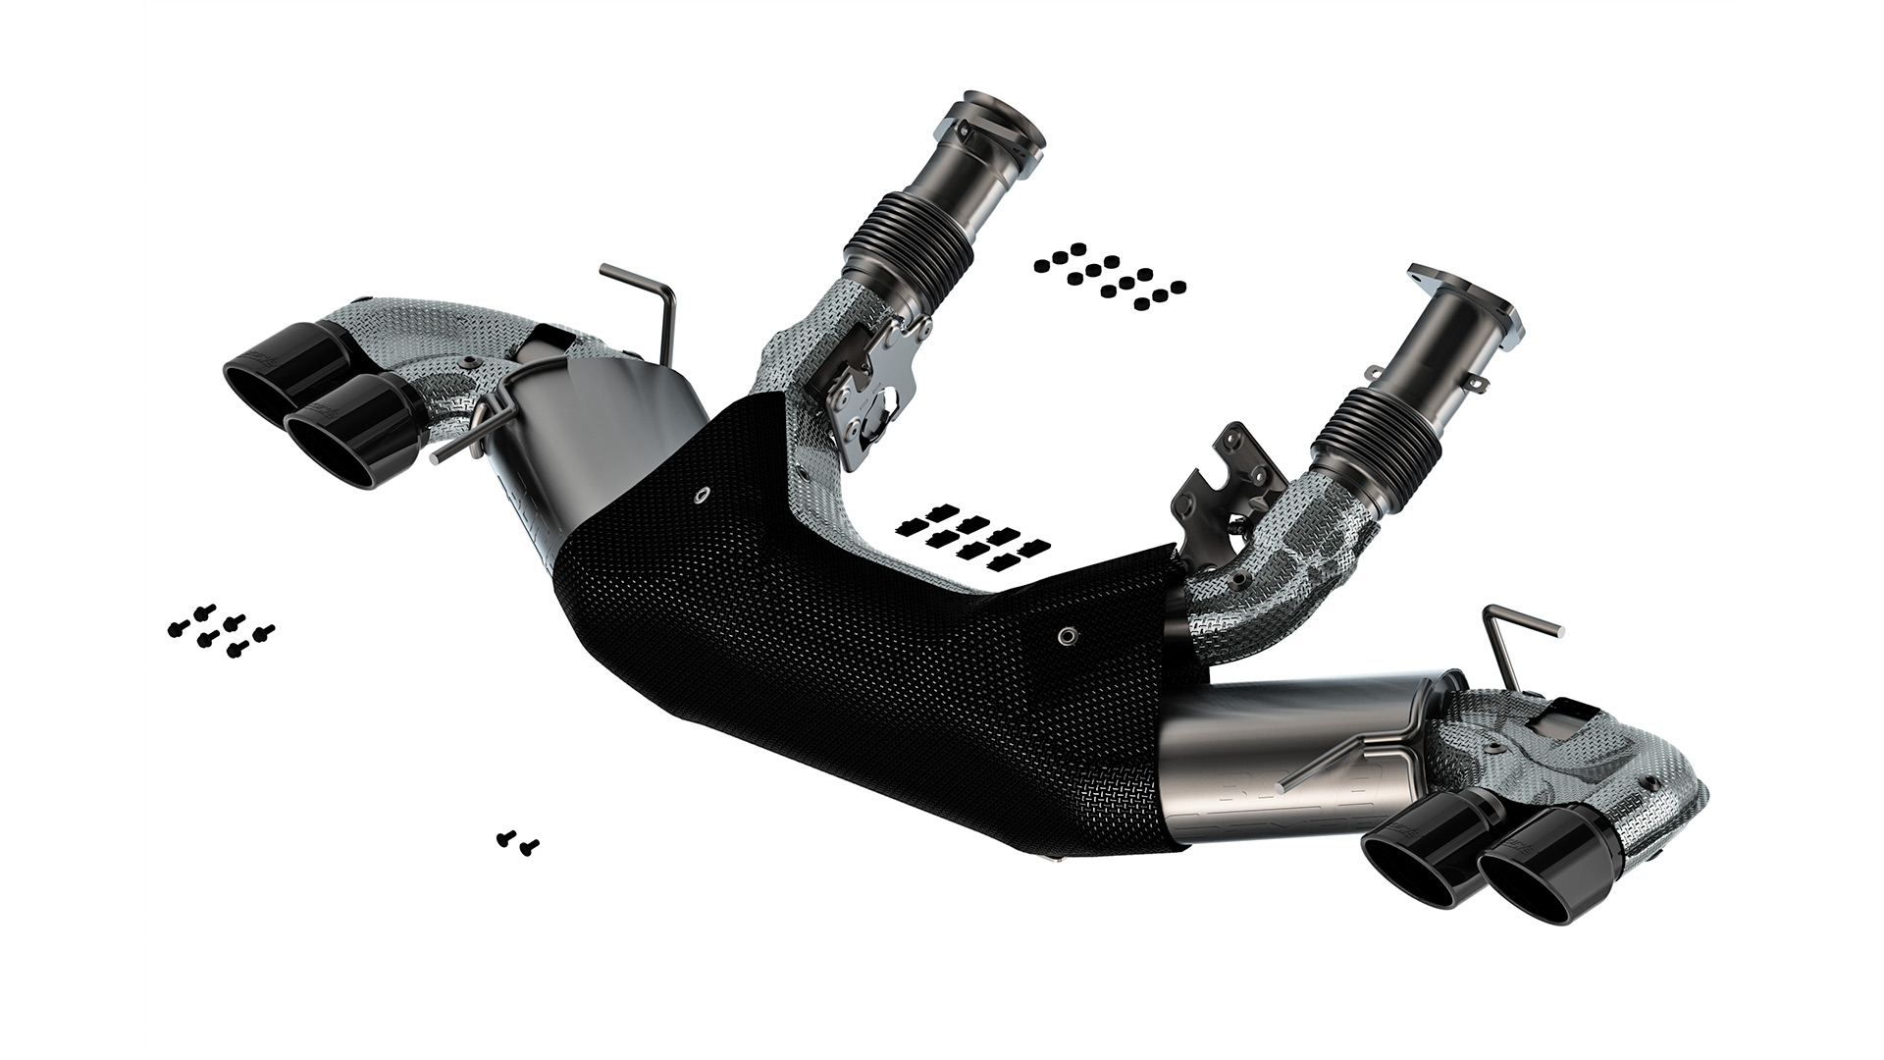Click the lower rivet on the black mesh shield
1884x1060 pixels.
tap(1066, 635)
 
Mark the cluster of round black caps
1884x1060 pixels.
tap(1109, 275)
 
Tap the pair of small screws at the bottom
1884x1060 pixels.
tap(517, 841)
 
